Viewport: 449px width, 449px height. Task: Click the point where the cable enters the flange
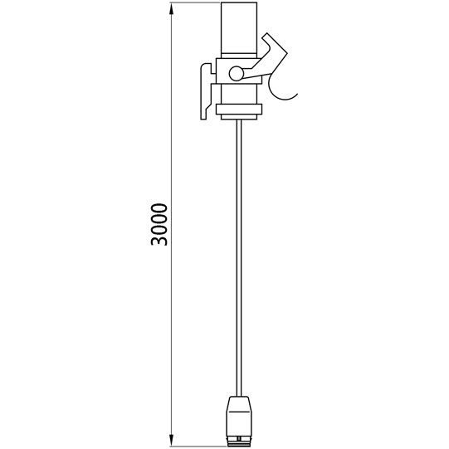coord(240,119)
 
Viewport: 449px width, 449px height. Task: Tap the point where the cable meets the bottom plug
coord(240,396)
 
